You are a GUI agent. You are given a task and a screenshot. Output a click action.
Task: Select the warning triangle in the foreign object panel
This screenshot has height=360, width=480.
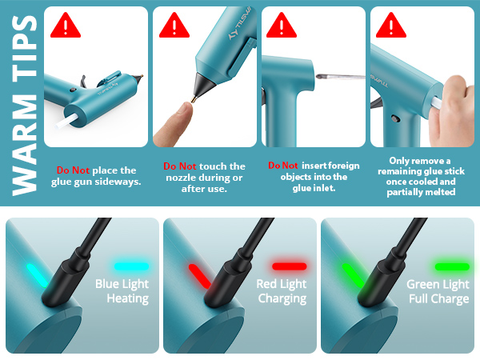coord(280,26)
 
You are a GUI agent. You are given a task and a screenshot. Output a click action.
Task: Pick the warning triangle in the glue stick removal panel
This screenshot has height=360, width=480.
coord(390,26)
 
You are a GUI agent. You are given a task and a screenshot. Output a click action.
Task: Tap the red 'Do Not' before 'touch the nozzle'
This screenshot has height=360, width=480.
coord(180,166)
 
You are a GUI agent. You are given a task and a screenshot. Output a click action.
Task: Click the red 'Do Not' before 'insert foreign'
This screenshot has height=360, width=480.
coord(283,166)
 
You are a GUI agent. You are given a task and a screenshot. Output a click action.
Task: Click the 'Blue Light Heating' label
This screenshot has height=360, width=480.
coord(122,291)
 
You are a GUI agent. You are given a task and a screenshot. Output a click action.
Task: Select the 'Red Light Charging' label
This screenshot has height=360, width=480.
coord(281,291)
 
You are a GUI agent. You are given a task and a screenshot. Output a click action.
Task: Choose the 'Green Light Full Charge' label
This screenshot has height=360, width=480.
coord(438,291)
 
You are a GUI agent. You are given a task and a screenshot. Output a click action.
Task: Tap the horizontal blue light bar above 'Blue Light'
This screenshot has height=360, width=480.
coord(132,266)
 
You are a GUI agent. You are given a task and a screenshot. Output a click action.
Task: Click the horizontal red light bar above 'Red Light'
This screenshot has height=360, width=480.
coord(289,266)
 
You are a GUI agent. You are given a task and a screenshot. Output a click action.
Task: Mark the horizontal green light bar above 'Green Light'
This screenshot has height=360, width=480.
coord(451,266)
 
